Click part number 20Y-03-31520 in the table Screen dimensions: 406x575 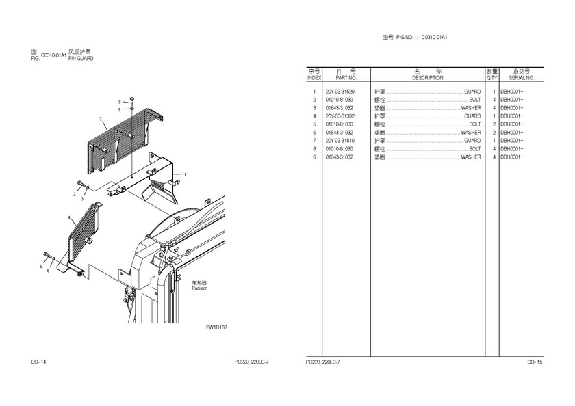point(340,92)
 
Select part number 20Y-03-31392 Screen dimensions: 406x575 point(340,116)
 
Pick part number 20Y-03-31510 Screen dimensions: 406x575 point(340,141)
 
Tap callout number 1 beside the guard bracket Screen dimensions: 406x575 point(185,174)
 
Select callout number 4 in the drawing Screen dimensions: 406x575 point(69,217)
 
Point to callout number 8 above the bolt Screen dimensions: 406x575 point(119,101)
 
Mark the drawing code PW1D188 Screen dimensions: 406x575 point(216,327)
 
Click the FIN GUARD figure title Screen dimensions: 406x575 point(81,59)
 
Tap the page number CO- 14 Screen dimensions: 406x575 point(38,361)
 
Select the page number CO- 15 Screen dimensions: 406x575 point(535,361)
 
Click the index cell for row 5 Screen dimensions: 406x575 point(314,124)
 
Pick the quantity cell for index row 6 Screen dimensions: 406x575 point(494,133)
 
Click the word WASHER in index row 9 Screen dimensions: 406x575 point(470,157)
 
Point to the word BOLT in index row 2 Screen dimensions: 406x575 point(474,100)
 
